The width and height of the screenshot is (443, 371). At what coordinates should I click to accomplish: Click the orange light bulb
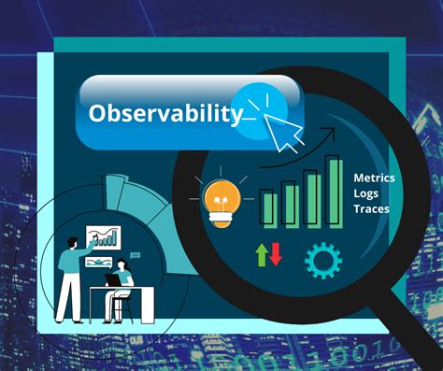tap(221, 198)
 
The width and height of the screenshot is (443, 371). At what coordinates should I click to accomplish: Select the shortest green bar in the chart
tap(269, 207)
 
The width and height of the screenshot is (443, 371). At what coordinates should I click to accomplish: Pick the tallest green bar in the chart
tap(334, 191)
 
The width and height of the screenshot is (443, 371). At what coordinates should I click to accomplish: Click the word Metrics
tap(374, 178)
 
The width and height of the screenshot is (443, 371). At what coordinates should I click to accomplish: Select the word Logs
tap(366, 193)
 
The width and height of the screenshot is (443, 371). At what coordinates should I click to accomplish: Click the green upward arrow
tap(262, 252)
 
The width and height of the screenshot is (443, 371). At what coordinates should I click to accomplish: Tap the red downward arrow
tap(275, 253)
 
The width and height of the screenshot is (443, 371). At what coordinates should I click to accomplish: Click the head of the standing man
tap(71, 242)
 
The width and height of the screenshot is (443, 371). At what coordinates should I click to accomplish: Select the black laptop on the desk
tap(113, 279)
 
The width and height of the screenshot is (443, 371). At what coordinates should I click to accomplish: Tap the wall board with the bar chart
tap(104, 238)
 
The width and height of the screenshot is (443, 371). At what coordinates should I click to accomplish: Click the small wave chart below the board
tap(98, 262)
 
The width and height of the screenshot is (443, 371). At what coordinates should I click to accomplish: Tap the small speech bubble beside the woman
tap(136, 254)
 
